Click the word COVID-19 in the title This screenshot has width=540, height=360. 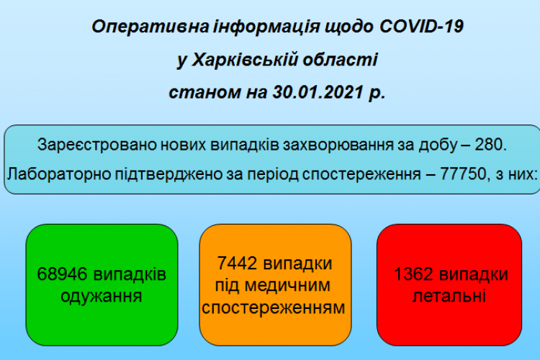pyautogui.click(x=421, y=27)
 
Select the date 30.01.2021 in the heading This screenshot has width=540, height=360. pyautogui.click(x=318, y=92)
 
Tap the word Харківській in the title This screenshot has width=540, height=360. pyautogui.click(x=245, y=60)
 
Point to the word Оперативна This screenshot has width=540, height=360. pyautogui.click(x=150, y=27)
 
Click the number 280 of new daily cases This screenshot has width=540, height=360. pyautogui.click(x=488, y=144)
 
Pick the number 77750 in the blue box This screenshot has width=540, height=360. pyautogui.click(x=463, y=174)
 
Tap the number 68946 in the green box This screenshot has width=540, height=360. pyautogui.click(x=63, y=274)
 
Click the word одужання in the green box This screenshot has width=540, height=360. pyautogui.click(x=102, y=297)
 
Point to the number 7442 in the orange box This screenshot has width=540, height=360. pyautogui.click(x=237, y=264)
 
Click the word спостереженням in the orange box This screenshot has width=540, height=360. pyautogui.click(x=274, y=307)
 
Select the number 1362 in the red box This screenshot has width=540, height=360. pyautogui.click(x=413, y=274)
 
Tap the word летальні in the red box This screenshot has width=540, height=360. pyautogui.click(x=449, y=296)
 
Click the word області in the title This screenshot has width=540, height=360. pyautogui.click(x=341, y=60)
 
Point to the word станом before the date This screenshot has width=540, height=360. pyautogui.click(x=204, y=92)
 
